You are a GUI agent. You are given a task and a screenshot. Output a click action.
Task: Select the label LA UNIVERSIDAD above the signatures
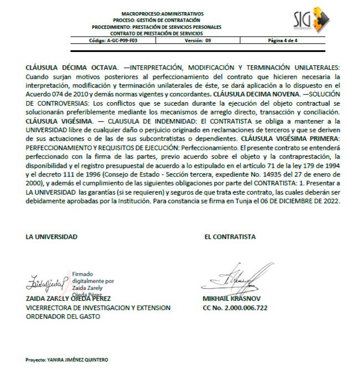pyautogui.click(x=52, y=237)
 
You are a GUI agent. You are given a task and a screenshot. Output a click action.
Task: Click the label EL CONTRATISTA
pyautogui.click(x=230, y=237)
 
